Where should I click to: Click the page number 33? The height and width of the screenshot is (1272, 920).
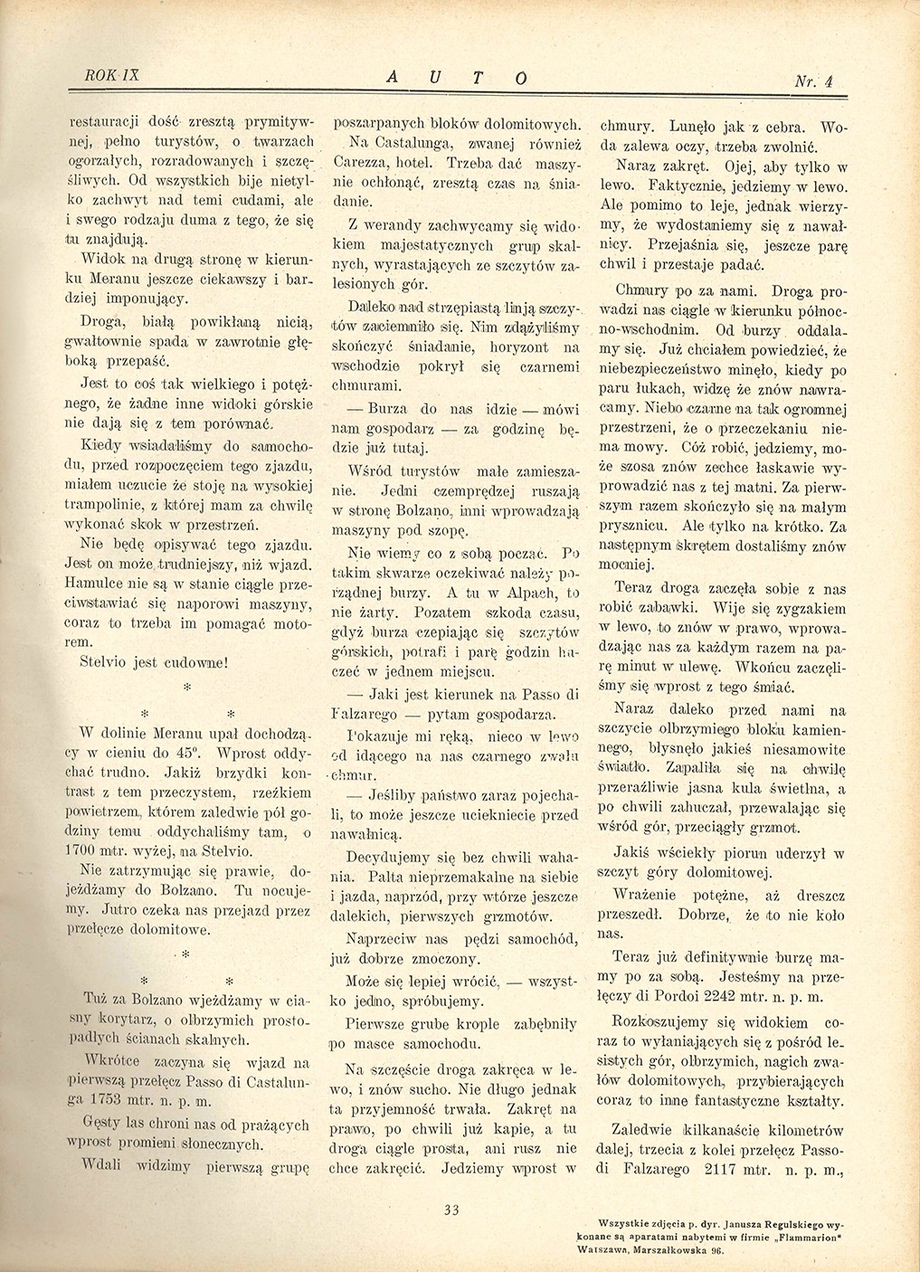[x=453, y=1205]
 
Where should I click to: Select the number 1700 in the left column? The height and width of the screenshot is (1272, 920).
[x=88, y=851]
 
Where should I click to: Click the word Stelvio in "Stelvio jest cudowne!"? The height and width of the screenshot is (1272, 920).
[x=95, y=660]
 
